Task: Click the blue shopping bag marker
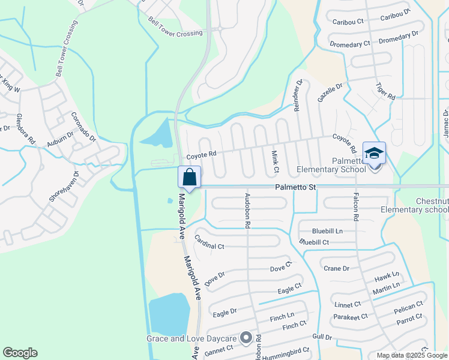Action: coord(189,178)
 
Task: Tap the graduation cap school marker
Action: coord(374,154)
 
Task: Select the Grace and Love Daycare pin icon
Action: coord(246,338)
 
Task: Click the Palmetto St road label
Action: coord(295,187)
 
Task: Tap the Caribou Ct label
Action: coord(348,21)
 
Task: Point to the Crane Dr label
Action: coord(336,268)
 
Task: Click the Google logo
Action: coord(20,353)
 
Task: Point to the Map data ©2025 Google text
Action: coord(411,355)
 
